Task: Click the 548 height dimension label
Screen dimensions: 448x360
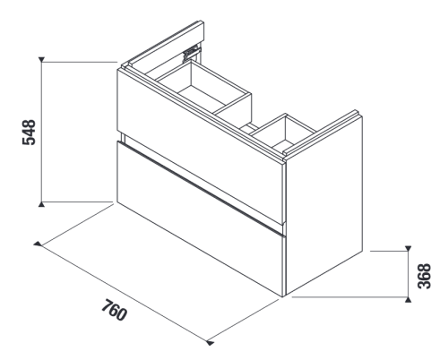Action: (x=29, y=133)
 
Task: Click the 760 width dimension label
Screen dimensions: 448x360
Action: (x=114, y=311)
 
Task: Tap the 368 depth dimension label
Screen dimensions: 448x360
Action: (x=425, y=276)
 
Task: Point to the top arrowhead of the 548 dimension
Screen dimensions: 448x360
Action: (x=41, y=59)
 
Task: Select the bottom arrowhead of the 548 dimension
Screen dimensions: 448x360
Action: (x=41, y=204)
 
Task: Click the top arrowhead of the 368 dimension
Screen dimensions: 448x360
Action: (x=408, y=248)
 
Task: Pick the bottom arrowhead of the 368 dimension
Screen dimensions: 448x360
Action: (x=408, y=300)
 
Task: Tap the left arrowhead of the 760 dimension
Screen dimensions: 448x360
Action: (x=38, y=244)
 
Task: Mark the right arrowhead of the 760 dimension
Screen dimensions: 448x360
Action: (x=211, y=343)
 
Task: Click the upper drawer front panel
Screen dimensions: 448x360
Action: (x=200, y=146)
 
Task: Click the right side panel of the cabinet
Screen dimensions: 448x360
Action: (x=324, y=204)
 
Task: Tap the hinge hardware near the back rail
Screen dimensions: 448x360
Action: (x=191, y=54)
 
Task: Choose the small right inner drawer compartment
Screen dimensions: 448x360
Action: (x=284, y=132)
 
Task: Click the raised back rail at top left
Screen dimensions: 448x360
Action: (x=166, y=43)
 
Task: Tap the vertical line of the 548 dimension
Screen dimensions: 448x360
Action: (x=41, y=132)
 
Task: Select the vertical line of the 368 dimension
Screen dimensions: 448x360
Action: (x=408, y=274)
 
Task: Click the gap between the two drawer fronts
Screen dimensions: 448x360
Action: (x=201, y=185)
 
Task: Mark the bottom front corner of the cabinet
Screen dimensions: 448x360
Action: (x=283, y=296)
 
